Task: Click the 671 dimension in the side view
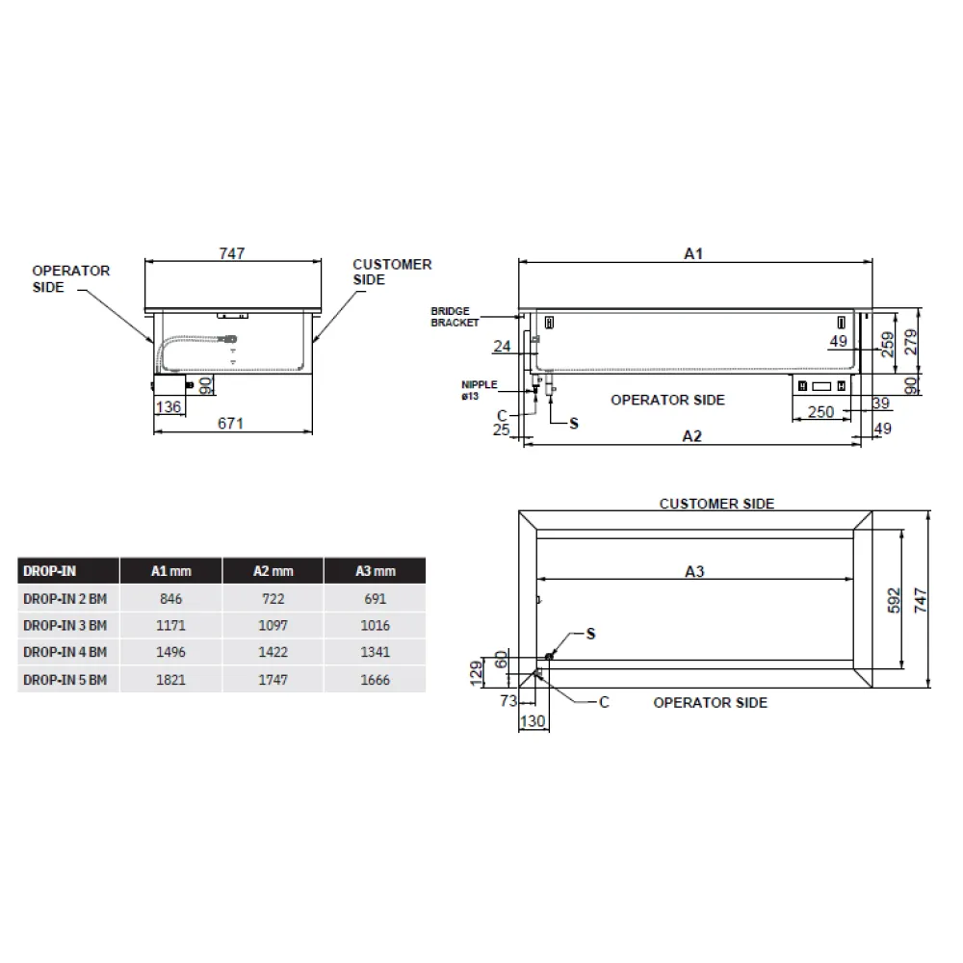click(231, 424)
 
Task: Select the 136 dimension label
click(168, 407)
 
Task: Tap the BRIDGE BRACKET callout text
click(455, 317)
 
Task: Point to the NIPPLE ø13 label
click(479, 389)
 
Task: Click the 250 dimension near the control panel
click(820, 412)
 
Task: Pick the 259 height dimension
click(888, 343)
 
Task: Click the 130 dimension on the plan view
click(532, 720)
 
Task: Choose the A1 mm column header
click(171, 571)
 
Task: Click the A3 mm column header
click(375, 571)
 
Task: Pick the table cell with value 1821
click(171, 679)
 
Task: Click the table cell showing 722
click(273, 598)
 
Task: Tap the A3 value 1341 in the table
click(375, 652)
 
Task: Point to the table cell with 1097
click(273, 625)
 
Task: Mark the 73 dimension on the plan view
click(508, 701)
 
